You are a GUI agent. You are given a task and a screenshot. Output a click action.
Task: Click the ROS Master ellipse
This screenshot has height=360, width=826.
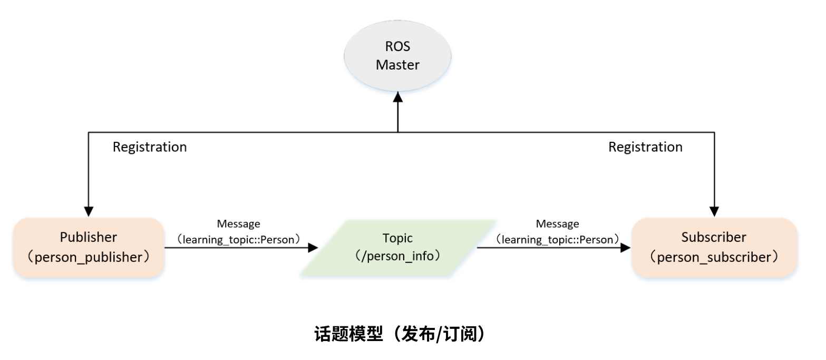coord(397,55)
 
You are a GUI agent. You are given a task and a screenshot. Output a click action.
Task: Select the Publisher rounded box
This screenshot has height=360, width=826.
coord(89,247)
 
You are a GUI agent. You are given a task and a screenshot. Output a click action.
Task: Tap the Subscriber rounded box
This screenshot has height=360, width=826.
coord(714,247)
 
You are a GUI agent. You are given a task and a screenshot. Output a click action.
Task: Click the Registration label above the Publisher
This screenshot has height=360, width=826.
coord(150,147)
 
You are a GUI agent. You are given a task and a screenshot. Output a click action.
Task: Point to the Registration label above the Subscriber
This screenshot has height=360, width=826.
coord(645,147)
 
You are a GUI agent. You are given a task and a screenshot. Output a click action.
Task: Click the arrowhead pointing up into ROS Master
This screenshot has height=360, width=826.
coord(398,99)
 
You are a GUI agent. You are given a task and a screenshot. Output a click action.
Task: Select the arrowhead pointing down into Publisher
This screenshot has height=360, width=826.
coord(89,211)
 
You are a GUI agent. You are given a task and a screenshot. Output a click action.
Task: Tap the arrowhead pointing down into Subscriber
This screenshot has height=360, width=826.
coord(715,211)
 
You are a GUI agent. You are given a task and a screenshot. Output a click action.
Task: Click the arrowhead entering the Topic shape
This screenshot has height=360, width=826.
coord(314,247)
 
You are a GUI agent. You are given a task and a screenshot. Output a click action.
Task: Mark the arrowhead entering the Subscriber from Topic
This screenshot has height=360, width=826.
coord(626,247)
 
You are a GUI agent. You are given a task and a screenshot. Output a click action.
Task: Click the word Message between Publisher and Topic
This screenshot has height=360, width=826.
coord(238,224)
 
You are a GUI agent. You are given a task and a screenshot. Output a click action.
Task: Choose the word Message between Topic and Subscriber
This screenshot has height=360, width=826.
coord(557,224)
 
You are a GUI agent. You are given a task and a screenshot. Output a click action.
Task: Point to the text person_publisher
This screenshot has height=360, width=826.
coord(89,258)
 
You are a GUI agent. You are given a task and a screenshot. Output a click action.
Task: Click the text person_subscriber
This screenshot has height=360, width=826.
coord(714,258)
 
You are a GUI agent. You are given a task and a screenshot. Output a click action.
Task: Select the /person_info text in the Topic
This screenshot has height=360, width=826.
coord(398,257)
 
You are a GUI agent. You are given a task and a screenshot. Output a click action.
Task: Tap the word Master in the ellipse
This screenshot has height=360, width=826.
coord(397,65)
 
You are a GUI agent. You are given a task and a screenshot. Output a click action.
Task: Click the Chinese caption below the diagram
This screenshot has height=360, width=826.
coord(399,334)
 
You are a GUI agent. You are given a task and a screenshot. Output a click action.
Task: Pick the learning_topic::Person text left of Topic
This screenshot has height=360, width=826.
coord(238,240)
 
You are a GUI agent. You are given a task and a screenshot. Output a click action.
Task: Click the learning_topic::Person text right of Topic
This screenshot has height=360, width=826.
coord(557,240)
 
